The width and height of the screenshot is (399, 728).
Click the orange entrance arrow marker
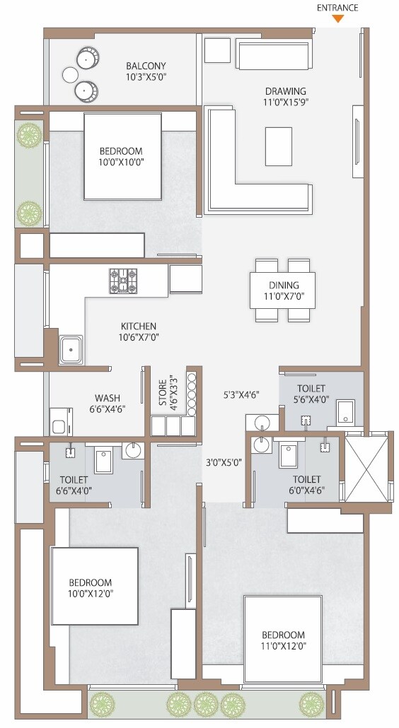coord(339,18)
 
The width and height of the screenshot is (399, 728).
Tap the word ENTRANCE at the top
coord(338,7)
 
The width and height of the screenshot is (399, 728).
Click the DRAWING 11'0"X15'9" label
coord(286,96)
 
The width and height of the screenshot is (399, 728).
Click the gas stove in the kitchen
coord(123,281)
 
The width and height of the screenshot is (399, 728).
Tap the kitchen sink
coord(71,350)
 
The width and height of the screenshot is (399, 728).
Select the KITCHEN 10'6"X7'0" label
coord(139,331)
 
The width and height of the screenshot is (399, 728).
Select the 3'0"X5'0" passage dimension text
coord(223,463)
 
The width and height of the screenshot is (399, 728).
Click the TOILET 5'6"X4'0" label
coord(311,394)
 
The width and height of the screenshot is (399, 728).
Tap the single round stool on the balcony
coord(69,75)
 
